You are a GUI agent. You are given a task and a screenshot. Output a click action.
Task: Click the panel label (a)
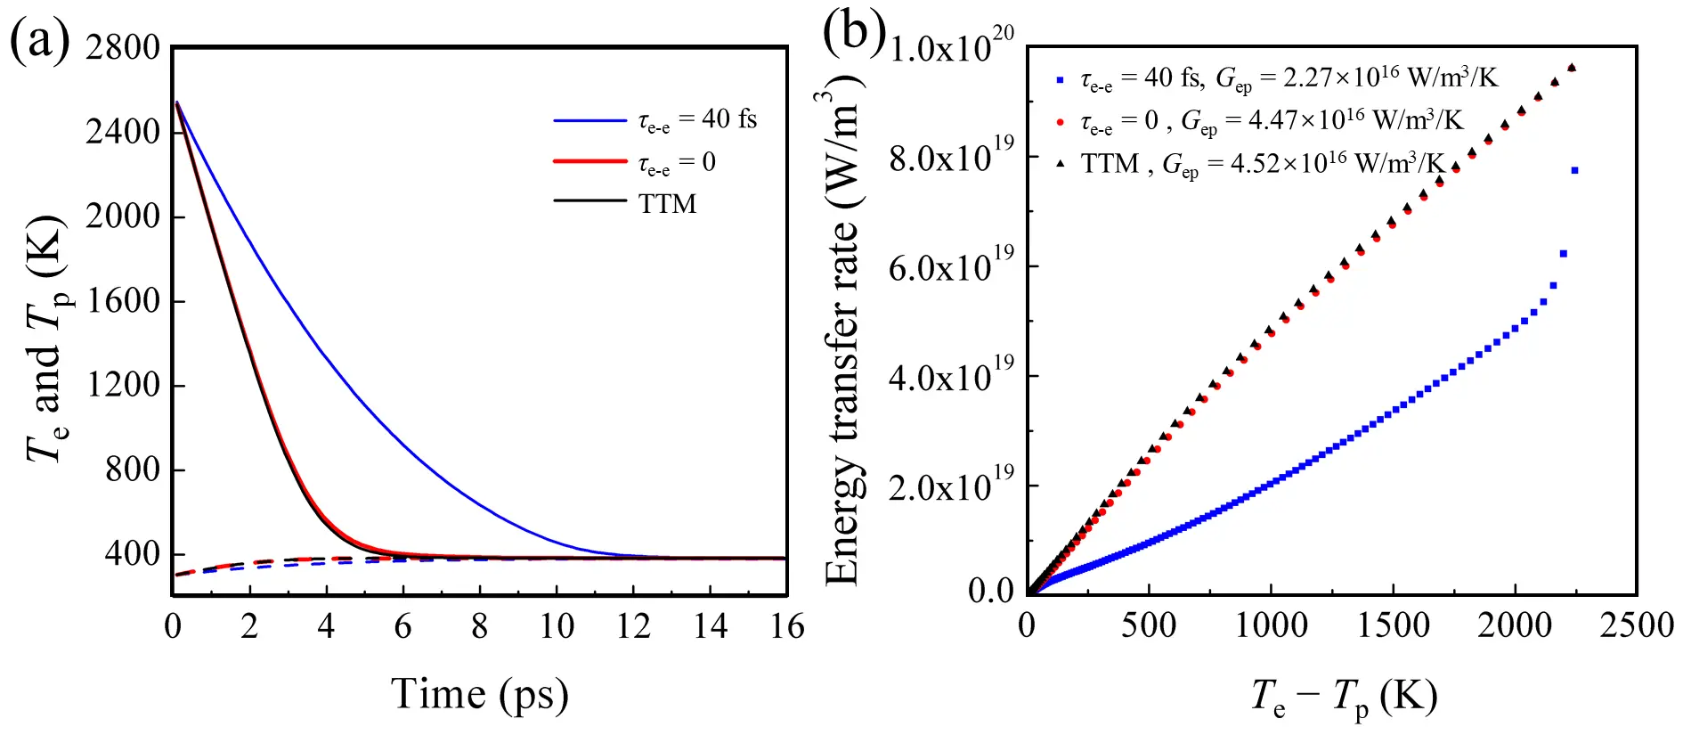pos(39,40)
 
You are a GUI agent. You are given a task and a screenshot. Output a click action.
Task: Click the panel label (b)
pos(853,31)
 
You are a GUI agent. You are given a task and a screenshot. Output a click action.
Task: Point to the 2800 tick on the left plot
pos(123,47)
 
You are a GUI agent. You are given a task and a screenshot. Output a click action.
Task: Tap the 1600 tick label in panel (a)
pos(123,301)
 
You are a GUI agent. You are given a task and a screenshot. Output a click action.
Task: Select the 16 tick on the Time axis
pos(786,627)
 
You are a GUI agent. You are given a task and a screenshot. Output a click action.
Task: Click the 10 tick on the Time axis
pos(557,627)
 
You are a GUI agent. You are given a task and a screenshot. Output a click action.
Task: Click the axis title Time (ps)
pos(479,694)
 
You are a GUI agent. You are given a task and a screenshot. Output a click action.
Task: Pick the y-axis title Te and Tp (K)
pos(46,339)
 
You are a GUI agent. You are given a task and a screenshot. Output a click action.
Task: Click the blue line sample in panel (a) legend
pos(589,120)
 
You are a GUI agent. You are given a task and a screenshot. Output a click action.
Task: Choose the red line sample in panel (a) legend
pos(589,161)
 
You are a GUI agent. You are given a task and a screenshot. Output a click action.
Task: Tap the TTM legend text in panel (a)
pos(667,204)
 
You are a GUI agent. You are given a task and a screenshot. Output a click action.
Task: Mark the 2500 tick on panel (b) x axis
pos(1637,625)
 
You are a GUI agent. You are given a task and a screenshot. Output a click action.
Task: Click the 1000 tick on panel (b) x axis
pos(1271,625)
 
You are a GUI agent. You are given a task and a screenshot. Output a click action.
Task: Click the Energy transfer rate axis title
pos(841,330)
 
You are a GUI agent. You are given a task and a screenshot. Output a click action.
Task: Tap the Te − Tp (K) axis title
pos(1345,696)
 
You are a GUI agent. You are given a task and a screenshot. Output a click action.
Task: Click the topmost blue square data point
pos(1574,170)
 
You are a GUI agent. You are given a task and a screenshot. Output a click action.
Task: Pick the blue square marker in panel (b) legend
pos(1060,80)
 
